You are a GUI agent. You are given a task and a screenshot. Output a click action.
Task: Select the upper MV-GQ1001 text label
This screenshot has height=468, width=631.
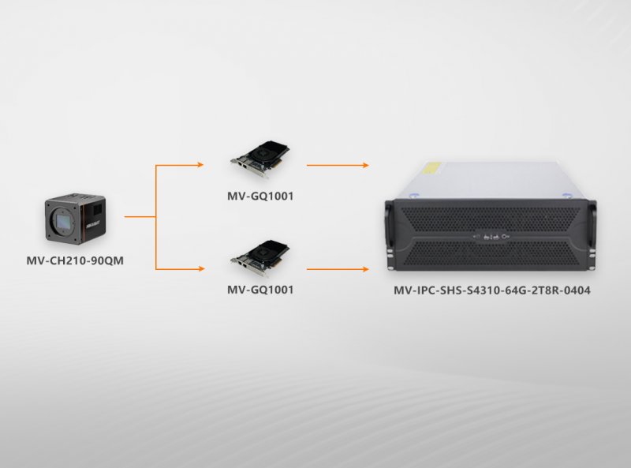[260, 196]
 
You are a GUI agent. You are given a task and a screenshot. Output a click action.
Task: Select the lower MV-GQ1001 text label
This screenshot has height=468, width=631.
[260, 290]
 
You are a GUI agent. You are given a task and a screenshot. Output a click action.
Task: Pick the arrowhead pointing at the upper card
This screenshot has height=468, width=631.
[200, 165]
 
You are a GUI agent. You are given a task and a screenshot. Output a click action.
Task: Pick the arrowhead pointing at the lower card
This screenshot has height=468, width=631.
[200, 269]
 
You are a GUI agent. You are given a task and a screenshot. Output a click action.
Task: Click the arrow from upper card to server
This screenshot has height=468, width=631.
[338, 165]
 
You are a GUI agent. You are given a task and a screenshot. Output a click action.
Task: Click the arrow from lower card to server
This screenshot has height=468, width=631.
[338, 269]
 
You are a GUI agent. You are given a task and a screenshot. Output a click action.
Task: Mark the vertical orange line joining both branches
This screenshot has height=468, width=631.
[157, 217]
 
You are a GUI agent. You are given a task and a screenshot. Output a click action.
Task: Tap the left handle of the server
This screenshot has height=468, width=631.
[389, 233]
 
